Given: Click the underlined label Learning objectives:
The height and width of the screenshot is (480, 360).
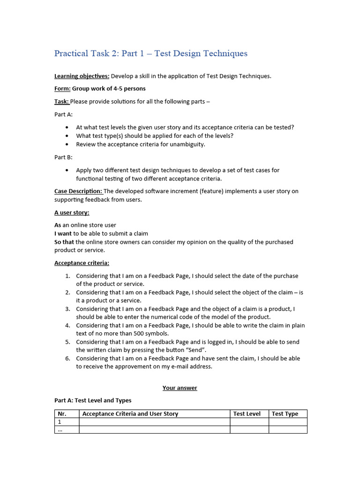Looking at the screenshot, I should (82, 76).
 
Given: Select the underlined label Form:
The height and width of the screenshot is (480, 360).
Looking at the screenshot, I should (62, 89).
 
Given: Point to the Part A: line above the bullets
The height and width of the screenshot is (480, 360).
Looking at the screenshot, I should (63, 114).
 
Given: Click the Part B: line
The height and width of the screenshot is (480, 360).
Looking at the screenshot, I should (63, 157).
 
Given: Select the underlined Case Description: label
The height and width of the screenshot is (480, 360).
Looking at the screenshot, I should (78, 191).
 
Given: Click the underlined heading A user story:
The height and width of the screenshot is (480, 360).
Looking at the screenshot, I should (72, 212).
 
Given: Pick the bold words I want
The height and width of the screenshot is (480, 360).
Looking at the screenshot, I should (63, 233).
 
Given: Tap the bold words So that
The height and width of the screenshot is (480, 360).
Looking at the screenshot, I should (64, 242).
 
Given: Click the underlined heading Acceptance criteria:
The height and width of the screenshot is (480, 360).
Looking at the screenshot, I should (82, 263).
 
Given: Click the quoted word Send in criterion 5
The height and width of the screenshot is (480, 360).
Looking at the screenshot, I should (195, 350).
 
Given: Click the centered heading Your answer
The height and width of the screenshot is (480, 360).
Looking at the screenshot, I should (180, 388).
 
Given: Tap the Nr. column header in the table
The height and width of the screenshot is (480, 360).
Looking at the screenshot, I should (62, 414).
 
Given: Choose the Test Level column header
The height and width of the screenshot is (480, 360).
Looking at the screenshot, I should (247, 414).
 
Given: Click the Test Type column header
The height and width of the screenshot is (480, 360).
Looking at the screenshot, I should (285, 414).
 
